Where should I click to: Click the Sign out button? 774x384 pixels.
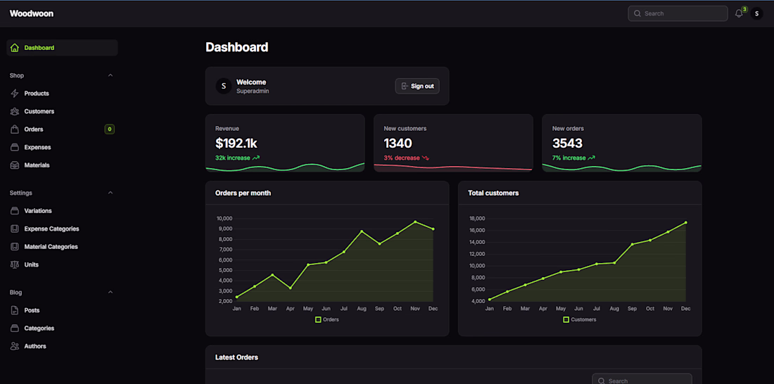(x=417, y=86)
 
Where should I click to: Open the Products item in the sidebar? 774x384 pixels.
(x=37, y=94)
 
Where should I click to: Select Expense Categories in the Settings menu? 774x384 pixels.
(x=51, y=229)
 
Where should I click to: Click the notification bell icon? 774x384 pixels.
(x=739, y=13)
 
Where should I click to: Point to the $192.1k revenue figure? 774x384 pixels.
(x=236, y=143)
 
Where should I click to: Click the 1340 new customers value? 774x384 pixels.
(x=398, y=143)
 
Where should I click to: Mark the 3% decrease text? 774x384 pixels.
(x=402, y=158)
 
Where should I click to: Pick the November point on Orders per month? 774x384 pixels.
(x=415, y=222)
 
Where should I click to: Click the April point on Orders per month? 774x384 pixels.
(x=291, y=288)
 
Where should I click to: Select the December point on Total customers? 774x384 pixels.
(x=686, y=223)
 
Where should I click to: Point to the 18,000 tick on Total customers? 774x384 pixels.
(x=477, y=219)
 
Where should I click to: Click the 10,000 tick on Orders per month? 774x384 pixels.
(x=224, y=219)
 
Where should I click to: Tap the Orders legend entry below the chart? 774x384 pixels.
(x=327, y=319)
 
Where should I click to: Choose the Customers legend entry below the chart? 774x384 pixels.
(x=580, y=319)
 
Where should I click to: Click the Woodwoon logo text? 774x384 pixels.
(x=32, y=13)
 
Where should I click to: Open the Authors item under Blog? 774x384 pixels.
(x=35, y=346)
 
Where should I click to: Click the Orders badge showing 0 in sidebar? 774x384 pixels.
(x=109, y=129)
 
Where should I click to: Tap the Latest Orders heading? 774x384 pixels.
(x=236, y=357)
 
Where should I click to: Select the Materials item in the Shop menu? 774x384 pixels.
(x=37, y=165)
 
